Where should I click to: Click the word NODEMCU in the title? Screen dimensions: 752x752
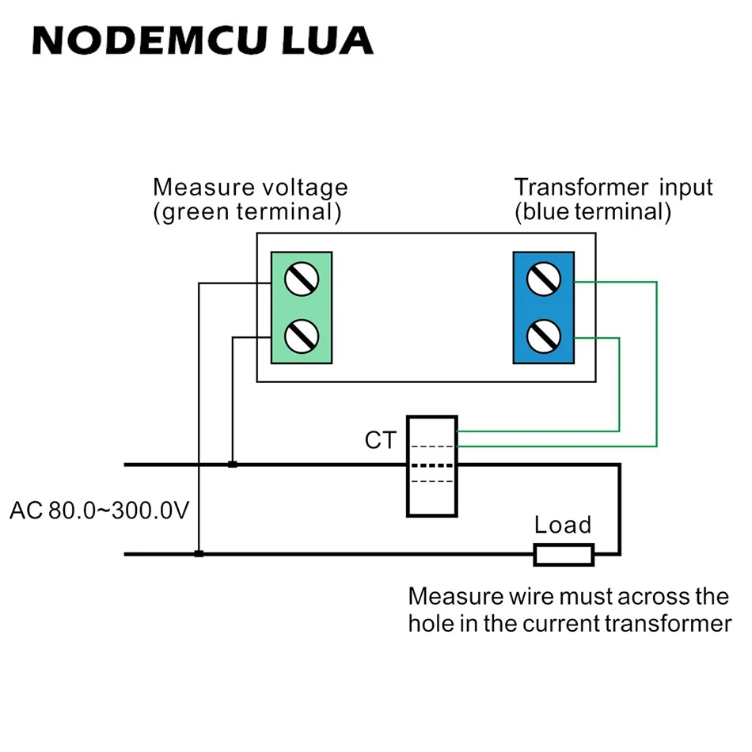pyautogui.click(x=149, y=40)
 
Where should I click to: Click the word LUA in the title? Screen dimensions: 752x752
pyautogui.click(x=328, y=40)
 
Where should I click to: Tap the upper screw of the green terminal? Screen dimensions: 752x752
pyautogui.click(x=302, y=279)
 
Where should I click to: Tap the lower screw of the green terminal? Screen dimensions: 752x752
pyautogui.click(x=302, y=336)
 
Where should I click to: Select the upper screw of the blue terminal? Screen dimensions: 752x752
pyautogui.click(x=544, y=279)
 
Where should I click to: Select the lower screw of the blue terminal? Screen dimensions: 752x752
pyautogui.click(x=544, y=336)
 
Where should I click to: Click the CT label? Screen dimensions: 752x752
pyautogui.click(x=381, y=440)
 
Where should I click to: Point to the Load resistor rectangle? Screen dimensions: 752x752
pyautogui.click(x=564, y=555)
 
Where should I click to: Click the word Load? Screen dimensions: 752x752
pyautogui.click(x=563, y=525)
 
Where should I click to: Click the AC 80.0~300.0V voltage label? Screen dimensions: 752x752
pyautogui.click(x=99, y=511)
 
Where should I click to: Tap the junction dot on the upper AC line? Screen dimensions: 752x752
pyautogui.click(x=233, y=464)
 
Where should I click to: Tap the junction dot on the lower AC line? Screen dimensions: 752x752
pyautogui.click(x=199, y=553)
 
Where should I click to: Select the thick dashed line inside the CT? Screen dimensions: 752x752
pyautogui.click(x=432, y=465)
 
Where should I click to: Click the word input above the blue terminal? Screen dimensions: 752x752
pyautogui.click(x=686, y=188)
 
